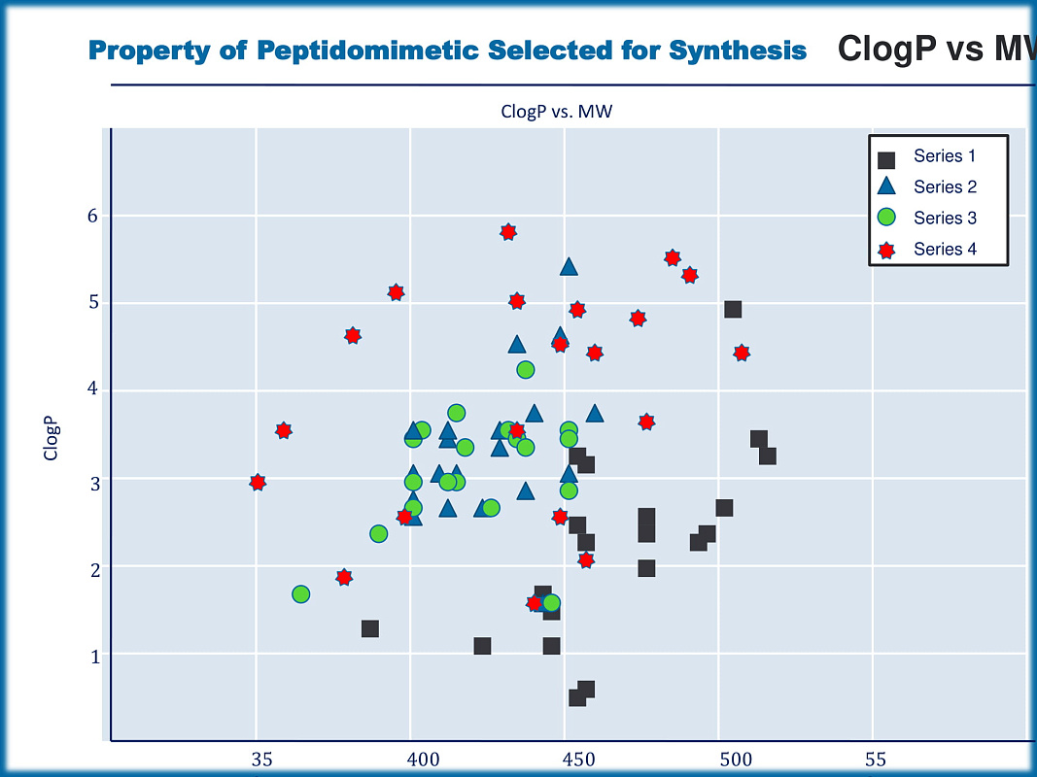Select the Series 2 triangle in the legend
[885, 186]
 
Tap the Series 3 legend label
[945, 219]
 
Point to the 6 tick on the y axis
[93, 216]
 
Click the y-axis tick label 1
[94, 657]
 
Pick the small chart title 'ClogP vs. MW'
[557, 112]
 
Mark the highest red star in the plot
[508, 232]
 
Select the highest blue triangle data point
[569, 267]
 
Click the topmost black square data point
[733, 310]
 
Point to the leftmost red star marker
[258, 483]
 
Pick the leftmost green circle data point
[301, 594]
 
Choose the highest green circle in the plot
[526, 370]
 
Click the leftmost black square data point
[370, 629]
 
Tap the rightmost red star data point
[742, 353]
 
